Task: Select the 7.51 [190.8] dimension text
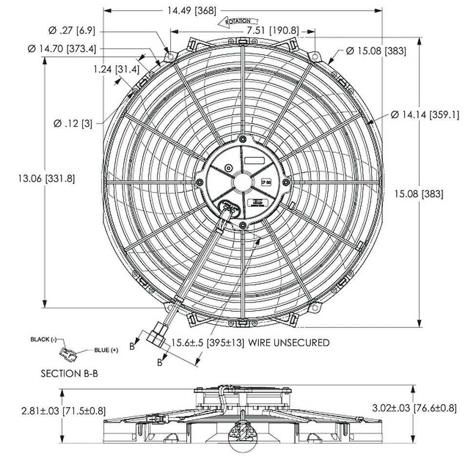tap(272, 30)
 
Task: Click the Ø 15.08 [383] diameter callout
tap(376, 50)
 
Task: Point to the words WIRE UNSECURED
tap(289, 343)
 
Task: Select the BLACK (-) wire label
tap(44, 339)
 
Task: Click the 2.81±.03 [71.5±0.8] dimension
tap(63, 410)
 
